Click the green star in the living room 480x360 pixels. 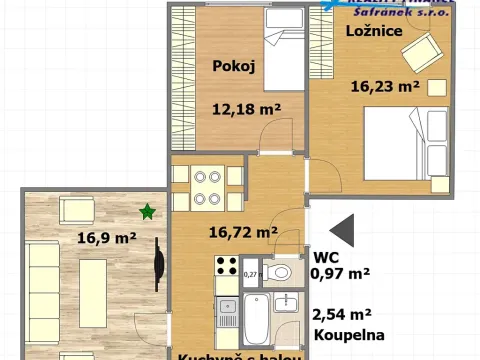tap(147, 211)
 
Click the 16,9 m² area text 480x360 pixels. tap(107, 238)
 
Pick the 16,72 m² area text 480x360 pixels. tap(243, 234)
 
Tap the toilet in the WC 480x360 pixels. tap(281, 271)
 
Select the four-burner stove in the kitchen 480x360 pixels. tap(226, 267)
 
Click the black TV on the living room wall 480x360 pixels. tap(157, 261)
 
